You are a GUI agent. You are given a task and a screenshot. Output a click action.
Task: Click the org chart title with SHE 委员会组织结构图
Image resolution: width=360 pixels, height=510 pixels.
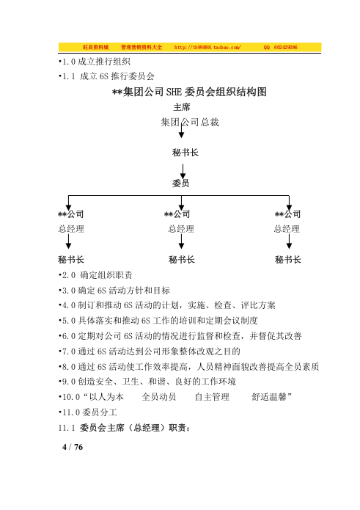click(180, 92)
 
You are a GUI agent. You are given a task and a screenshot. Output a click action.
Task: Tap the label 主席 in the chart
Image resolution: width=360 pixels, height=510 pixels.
click(181, 107)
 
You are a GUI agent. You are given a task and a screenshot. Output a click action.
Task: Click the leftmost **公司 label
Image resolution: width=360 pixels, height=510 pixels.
click(70, 214)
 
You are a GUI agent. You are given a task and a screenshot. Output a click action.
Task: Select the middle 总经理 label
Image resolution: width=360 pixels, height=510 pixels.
click(181, 229)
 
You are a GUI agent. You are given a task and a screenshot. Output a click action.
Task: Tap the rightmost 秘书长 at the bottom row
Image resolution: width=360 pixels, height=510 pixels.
click(289, 260)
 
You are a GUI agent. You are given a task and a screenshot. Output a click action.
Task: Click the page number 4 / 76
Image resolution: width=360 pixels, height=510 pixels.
click(73, 447)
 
